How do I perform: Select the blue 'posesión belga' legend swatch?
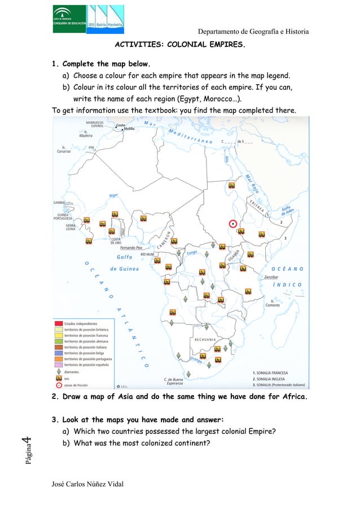(58, 352)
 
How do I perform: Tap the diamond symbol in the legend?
(58, 372)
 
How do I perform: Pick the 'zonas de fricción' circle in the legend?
(58, 385)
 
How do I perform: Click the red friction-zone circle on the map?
(232, 223)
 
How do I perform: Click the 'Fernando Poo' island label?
(134, 248)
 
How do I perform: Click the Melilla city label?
(131, 128)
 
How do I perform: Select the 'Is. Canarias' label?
(63, 149)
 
